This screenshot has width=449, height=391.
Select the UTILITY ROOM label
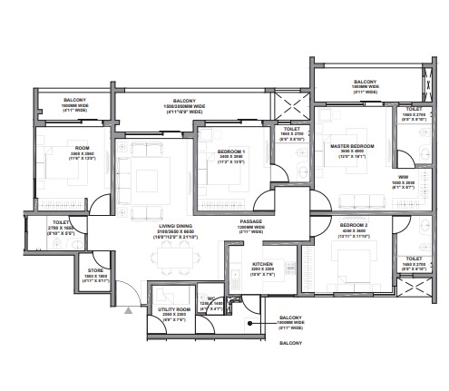coord(174,309)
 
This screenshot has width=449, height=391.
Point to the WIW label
coord(402,177)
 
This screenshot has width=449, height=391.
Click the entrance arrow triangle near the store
coord(129,310)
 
